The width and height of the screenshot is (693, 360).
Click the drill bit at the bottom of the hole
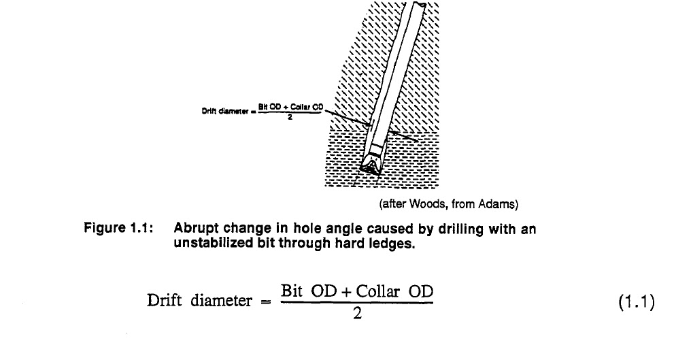pos(372,163)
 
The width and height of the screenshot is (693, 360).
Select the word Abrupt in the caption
pos(195,229)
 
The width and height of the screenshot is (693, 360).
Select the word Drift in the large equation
pos(163,301)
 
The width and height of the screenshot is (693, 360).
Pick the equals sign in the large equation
pos(266,302)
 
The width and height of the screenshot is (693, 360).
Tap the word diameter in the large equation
pos(220,301)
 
